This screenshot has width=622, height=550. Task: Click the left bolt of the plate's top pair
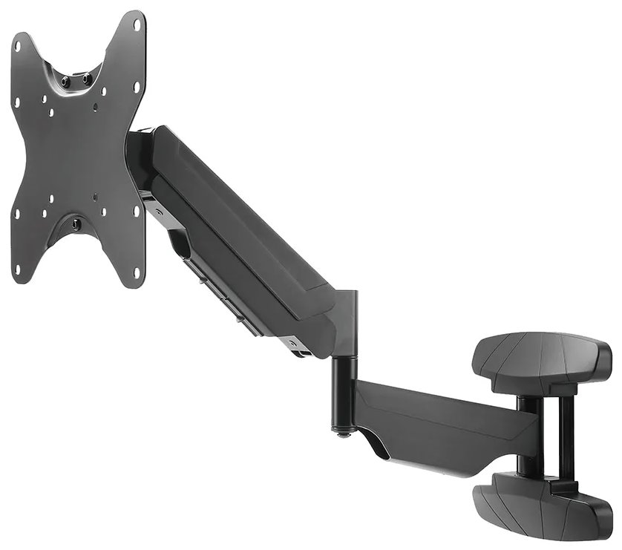tap(65, 81)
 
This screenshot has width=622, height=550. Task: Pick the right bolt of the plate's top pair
tap(87, 78)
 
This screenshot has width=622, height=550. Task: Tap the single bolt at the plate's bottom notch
tap(76, 221)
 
